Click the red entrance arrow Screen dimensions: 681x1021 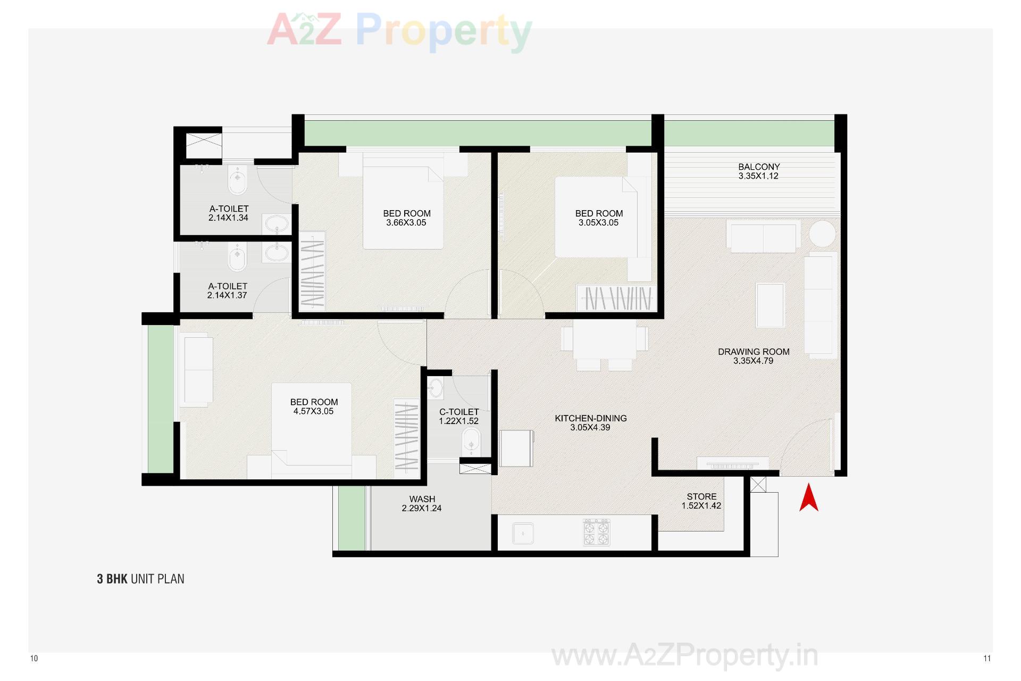click(808, 498)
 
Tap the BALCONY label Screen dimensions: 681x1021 click(758, 167)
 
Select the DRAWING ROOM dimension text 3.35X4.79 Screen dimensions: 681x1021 click(753, 361)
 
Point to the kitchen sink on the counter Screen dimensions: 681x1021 click(523, 533)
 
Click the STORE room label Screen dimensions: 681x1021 click(701, 496)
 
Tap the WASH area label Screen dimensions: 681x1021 click(422, 499)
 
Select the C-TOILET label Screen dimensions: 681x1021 click(458, 412)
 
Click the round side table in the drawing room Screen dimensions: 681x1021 click(822, 234)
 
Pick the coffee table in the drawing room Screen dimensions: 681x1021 click(770, 305)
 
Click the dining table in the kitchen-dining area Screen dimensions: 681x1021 click(604, 339)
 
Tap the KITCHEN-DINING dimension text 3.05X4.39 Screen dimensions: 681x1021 click(590, 427)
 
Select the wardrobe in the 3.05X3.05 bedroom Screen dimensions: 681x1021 click(617, 298)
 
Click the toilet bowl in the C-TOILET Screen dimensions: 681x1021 click(471, 441)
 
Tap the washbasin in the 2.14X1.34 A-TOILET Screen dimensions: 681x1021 click(276, 224)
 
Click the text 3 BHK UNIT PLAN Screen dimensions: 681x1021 click(140, 579)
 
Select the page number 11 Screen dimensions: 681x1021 click(987, 659)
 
